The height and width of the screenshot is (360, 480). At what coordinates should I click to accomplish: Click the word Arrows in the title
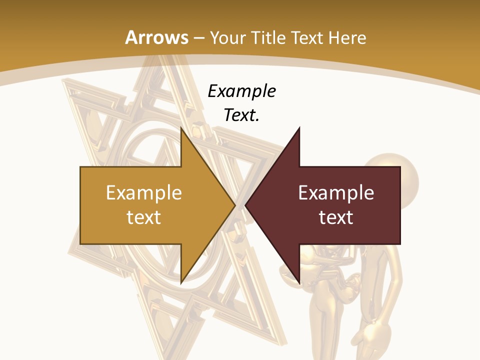click(x=157, y=37)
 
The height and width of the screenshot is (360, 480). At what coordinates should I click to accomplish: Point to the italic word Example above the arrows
click(x=242, y=91)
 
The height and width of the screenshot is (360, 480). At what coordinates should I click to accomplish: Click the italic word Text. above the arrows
click(x=242, y=115)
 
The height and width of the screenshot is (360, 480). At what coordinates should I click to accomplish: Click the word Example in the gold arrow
click(x=144, y=193)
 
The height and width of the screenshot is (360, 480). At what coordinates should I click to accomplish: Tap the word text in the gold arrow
click(x=144, y=217)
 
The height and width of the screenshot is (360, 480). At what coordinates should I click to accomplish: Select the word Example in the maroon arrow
click(x=336, y=193)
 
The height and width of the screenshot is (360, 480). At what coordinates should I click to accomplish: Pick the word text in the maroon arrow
click(x=336, y=217)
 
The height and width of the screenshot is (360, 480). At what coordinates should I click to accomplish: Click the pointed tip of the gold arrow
click(x=235, y=205)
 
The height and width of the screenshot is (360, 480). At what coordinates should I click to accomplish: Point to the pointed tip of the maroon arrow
click(x=245, y=205)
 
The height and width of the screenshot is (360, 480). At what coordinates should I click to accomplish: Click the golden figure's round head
click(x=395, y=177)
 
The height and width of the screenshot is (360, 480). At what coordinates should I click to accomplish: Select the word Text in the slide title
click(x=307, y=37)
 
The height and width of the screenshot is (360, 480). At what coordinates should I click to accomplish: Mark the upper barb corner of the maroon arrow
click(x=299, y=128)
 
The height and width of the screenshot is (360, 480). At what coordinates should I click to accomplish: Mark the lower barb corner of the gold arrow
click(x=181, y=283)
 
